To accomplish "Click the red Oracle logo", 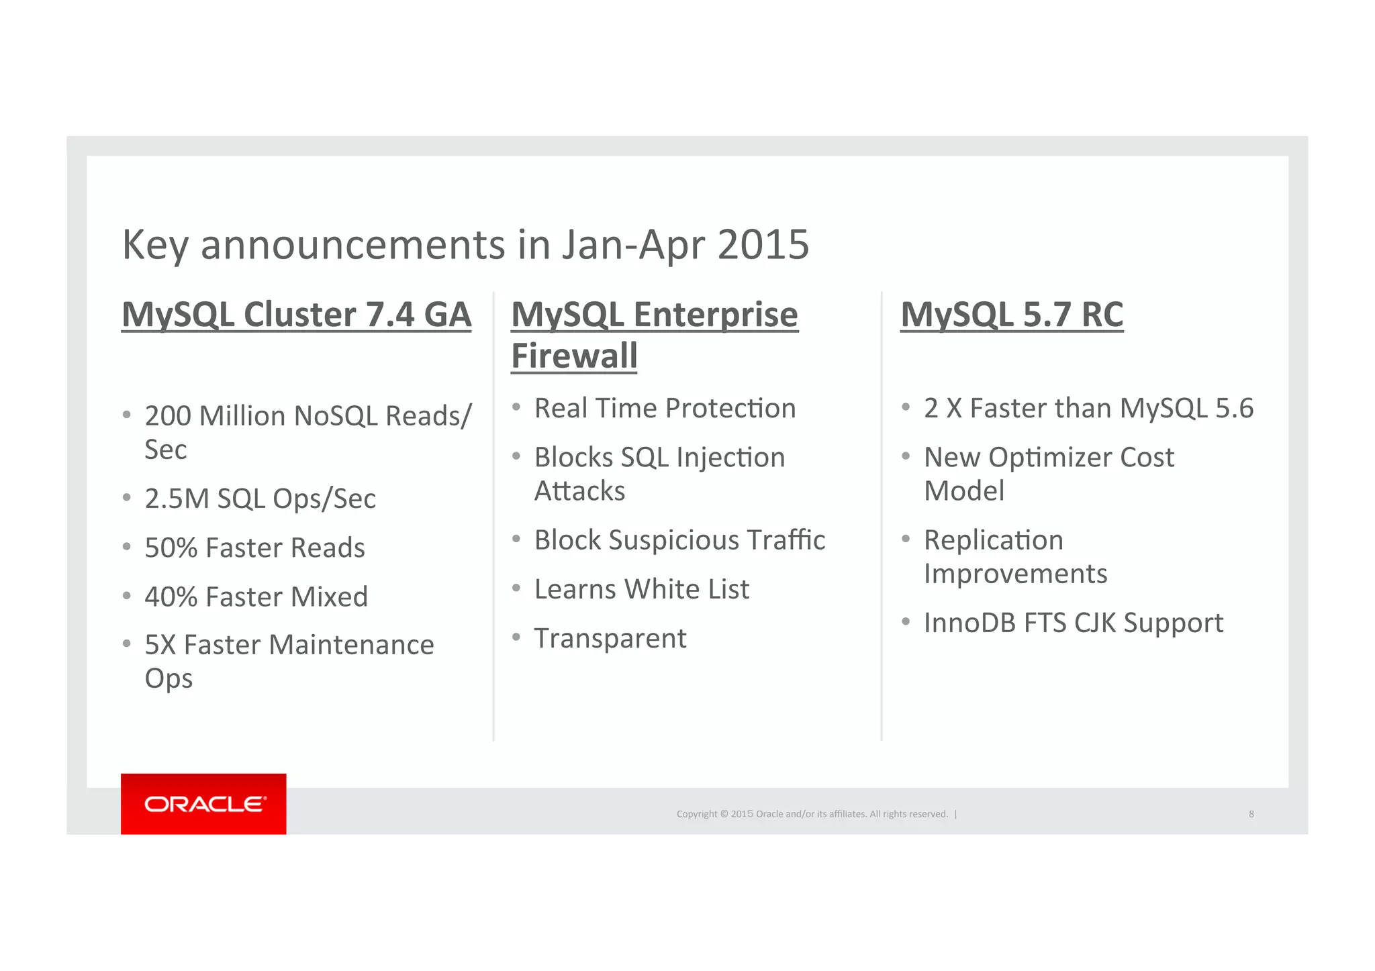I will (x=203, y=803).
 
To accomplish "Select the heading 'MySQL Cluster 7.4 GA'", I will (x=296, y=315).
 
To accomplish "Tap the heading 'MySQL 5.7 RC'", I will (x=1011, y=315).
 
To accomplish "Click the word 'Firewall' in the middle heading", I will (x=574, y=356).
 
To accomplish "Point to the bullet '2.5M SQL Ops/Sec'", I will (x=260, y=499).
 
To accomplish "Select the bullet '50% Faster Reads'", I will (x=254, y=548).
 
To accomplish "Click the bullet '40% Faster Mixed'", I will (x=256, y=597).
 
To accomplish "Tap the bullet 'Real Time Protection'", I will (x=665, y=408).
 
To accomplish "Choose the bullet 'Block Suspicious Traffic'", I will (x=679, y=540).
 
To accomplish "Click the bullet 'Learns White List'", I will (x=641, y=589).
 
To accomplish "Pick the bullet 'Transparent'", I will (x=610, y=638).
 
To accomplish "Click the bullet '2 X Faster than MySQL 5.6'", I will (x=1088, y=408).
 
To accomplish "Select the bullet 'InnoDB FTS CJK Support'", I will (x=1073, y=623).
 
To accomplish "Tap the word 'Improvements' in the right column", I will (x=1015, y=574).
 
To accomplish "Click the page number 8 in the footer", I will (x=1251, y=814).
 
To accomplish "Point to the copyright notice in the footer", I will (x=812, y=814).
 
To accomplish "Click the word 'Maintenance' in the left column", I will (x=351, y=645).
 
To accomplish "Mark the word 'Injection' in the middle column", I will (x=730, y=458).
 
